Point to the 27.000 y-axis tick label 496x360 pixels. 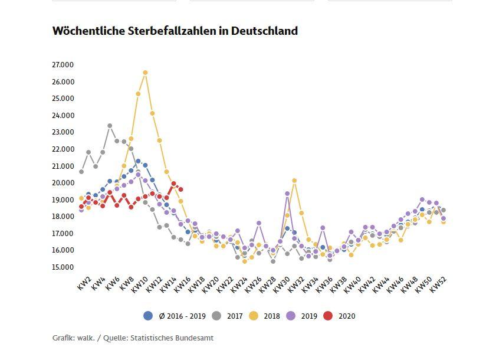[x=63, y=64]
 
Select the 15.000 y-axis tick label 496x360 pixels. [x=63, y=267]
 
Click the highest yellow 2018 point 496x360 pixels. [x=145, y=73]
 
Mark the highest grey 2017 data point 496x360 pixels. [x=110, y=126]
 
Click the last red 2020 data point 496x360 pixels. [x=180, y=189]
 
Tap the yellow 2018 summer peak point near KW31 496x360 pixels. [x=294, y=181]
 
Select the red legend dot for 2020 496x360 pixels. [x=328, y=316]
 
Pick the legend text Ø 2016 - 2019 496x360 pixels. [x=182, y=316]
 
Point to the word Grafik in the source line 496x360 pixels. [x=63, y=338]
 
